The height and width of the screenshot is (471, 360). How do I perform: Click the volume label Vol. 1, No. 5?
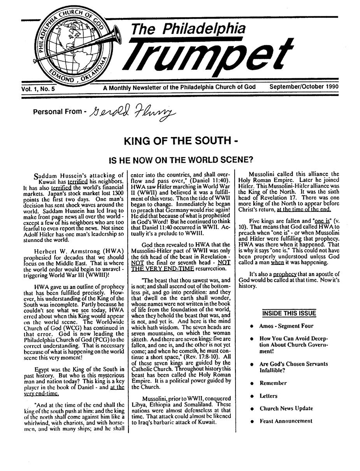pos(39,89)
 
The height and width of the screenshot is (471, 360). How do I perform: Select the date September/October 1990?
pos(304,87)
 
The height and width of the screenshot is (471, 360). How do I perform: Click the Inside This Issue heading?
pos(288,313)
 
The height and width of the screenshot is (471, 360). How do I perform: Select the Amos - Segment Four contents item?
pos(286,326)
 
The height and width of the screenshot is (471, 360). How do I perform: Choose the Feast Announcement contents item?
pos(286,421)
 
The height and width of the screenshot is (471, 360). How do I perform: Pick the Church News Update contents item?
pos(286,408)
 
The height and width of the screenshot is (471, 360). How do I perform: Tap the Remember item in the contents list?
pos(273,383)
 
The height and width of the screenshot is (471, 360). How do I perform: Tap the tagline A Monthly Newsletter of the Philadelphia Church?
pos(179,87)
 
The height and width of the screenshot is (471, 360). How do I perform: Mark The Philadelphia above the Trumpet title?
pos(188,28)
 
